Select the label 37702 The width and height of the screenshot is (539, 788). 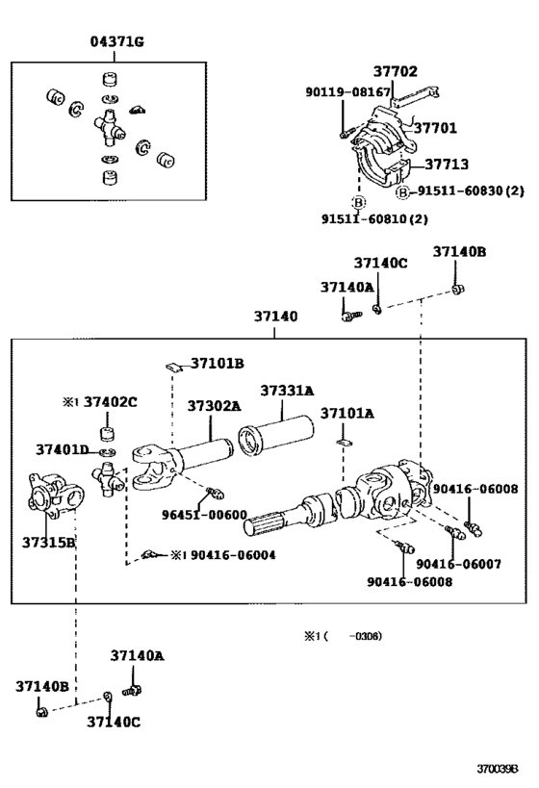[395, 71]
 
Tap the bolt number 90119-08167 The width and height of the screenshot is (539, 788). [348, 92]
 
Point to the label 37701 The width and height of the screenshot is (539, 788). [436, 127]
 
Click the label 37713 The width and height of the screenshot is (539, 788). [447, 165]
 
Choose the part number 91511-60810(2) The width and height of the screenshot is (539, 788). [374, 218]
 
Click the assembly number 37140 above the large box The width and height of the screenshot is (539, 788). [275, 316]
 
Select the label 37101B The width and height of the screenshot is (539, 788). [217, 363]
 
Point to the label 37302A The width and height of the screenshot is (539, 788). [214, 406]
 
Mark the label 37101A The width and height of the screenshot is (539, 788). [347, 414]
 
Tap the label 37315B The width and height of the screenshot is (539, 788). [48, 542]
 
